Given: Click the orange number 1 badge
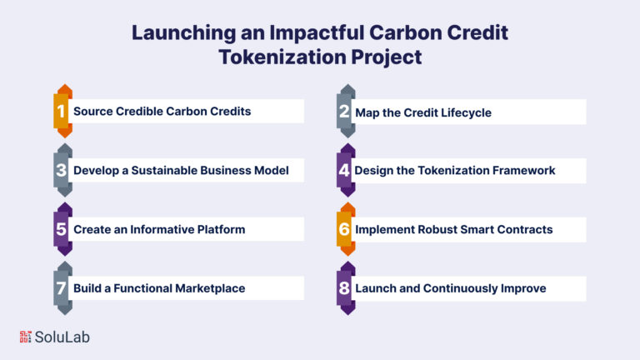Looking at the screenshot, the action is click(62, 111).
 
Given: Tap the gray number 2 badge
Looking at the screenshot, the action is click(346, 111).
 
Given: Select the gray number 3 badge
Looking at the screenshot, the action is click(62, 170).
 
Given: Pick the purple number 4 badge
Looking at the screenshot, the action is click(346, 170).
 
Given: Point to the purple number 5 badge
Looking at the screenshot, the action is click(62, 229).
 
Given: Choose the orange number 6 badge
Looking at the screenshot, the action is click(346, 229).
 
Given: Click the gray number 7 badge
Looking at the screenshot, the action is click(62, 288).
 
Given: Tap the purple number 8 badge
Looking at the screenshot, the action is click(346, 288).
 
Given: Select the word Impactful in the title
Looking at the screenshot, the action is click(317, 33).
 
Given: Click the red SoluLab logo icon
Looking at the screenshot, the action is click(25, 337).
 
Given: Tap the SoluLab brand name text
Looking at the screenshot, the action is click(62, 337).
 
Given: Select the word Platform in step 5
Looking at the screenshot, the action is click(221, 229).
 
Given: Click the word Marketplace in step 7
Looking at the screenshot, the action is click(210, 288).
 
